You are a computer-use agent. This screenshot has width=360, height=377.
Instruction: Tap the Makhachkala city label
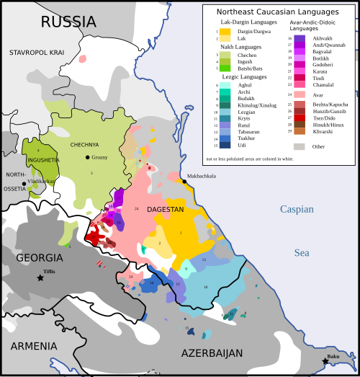pyautogui.click(x=202, y=175)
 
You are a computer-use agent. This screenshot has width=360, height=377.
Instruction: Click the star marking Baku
pyautogui.click(x=325, y=360)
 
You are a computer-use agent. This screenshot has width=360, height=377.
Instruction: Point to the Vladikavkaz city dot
pyautogui.click(x=24, y=184)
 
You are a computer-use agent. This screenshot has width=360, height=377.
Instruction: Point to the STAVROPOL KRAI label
pyautogui.click(x=36, y=53)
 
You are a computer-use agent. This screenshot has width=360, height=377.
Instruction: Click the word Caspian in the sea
pyautogui.click(x=297, y=209)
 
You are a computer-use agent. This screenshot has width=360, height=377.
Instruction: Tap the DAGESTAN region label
pyautogui.click(x=166, y=209)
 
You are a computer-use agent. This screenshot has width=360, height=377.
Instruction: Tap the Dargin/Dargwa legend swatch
pyautogui.click(x=225, y=32)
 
